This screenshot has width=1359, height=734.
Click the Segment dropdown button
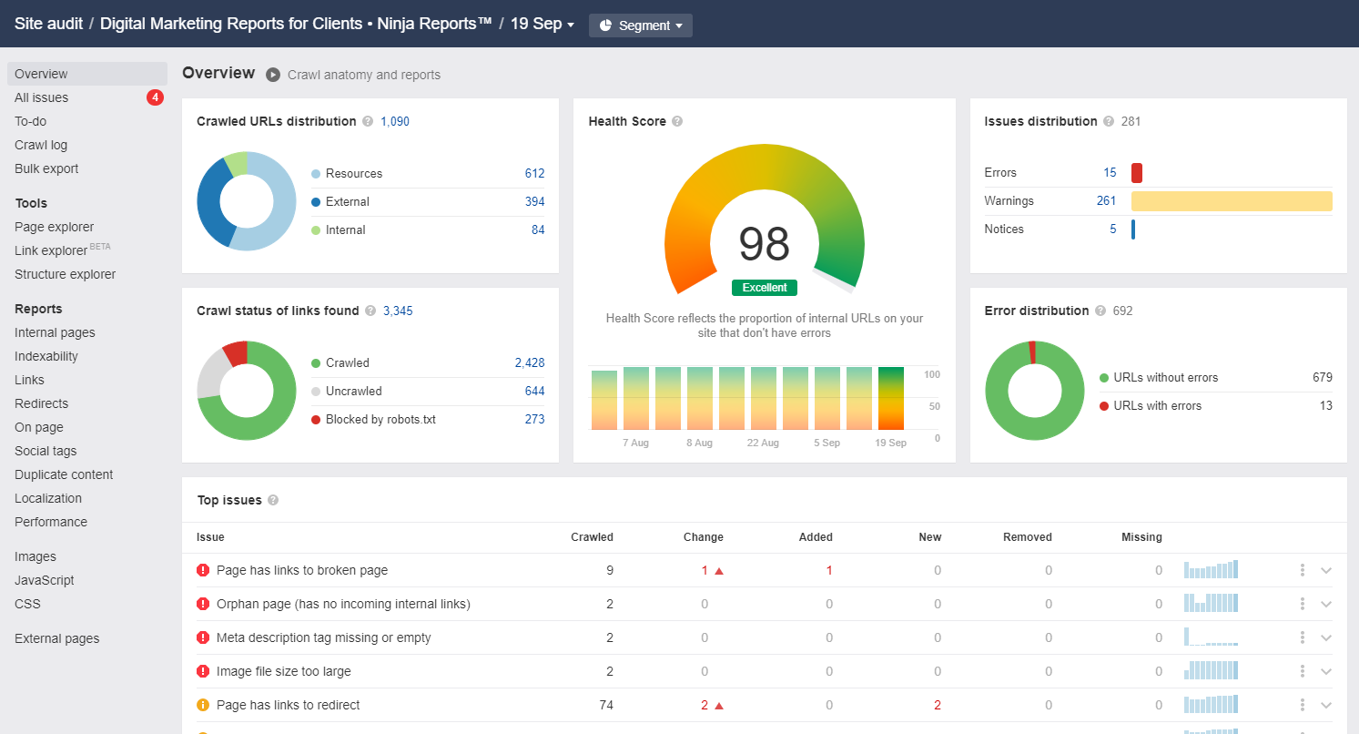[x=640, y=25]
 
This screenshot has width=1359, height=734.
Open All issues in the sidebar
[x=41, y=97]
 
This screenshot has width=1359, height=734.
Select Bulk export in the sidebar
[x=46, y=168]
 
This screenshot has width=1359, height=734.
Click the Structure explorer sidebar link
[x=65, y=274]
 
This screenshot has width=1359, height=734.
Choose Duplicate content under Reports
[x=64, y=474]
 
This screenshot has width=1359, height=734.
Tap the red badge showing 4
[x=155, y=97]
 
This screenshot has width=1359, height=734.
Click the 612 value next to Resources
[x=534, y=173]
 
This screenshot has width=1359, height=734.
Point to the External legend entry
[x=347, y=201]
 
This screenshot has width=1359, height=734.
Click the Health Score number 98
[x=764, y=243]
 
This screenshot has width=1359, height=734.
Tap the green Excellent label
[x=764, y=288]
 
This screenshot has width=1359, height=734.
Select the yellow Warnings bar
[x=1231, y=201]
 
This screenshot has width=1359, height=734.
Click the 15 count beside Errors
[x=1110, y=172]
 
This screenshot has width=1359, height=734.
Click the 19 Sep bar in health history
[x=890, y=398]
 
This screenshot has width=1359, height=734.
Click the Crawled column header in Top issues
[x=592, y=537]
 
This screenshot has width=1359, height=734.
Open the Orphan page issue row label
[x=343, y=604]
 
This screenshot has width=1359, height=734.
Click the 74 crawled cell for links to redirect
[x=605, y=705]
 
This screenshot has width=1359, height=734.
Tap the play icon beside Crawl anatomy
[x=273, y=75]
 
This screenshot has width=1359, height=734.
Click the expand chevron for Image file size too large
[x=1326, y=671]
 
